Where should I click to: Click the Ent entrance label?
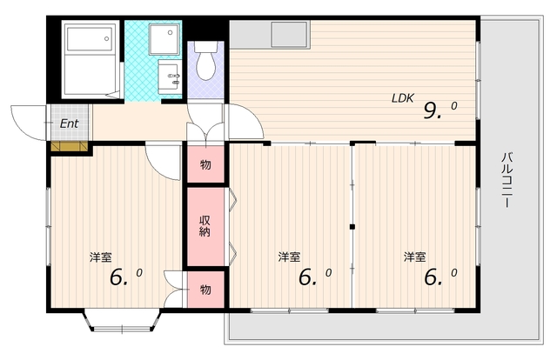[69, 123]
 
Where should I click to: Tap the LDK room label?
[402, 98]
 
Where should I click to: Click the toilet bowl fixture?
[206, 61]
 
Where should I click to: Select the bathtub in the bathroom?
[91, 39]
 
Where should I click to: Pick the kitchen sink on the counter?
[289, 34]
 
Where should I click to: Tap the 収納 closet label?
[205, 226]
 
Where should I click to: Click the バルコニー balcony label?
[507, 180]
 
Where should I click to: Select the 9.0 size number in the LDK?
[440, 110]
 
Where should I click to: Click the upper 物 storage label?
[205, 164]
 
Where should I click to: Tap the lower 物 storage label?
[205, 290]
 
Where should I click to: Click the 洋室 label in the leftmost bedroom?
[101, 257]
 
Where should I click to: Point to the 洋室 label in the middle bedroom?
[289, 257]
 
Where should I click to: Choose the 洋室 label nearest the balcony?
[414, 257]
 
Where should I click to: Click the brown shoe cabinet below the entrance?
[70, 146]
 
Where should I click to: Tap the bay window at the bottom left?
[122, 321]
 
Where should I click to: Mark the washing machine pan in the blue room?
[164, 39]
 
